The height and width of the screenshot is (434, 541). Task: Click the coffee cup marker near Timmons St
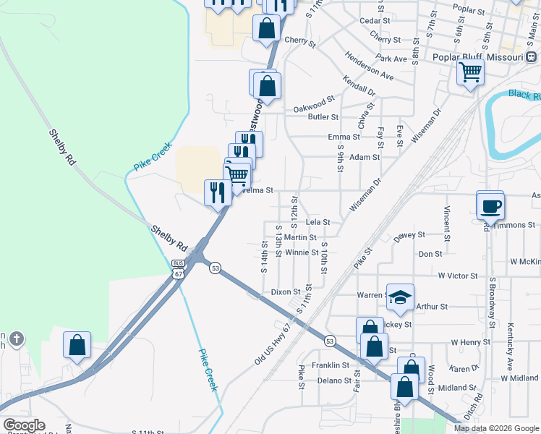(490, 205)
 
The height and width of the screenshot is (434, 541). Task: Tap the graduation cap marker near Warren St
(400, 297)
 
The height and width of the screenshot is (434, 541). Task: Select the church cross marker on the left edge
(17, 338)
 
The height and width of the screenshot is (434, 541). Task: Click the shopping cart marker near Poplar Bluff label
(470, 73)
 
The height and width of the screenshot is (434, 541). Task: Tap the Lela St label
(318, 222)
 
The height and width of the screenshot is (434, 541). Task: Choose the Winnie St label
(301, 252)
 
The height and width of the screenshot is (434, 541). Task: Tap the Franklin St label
(331, 365)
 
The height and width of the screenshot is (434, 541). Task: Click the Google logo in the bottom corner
(24, 425)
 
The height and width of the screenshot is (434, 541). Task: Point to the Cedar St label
(375, 21)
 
